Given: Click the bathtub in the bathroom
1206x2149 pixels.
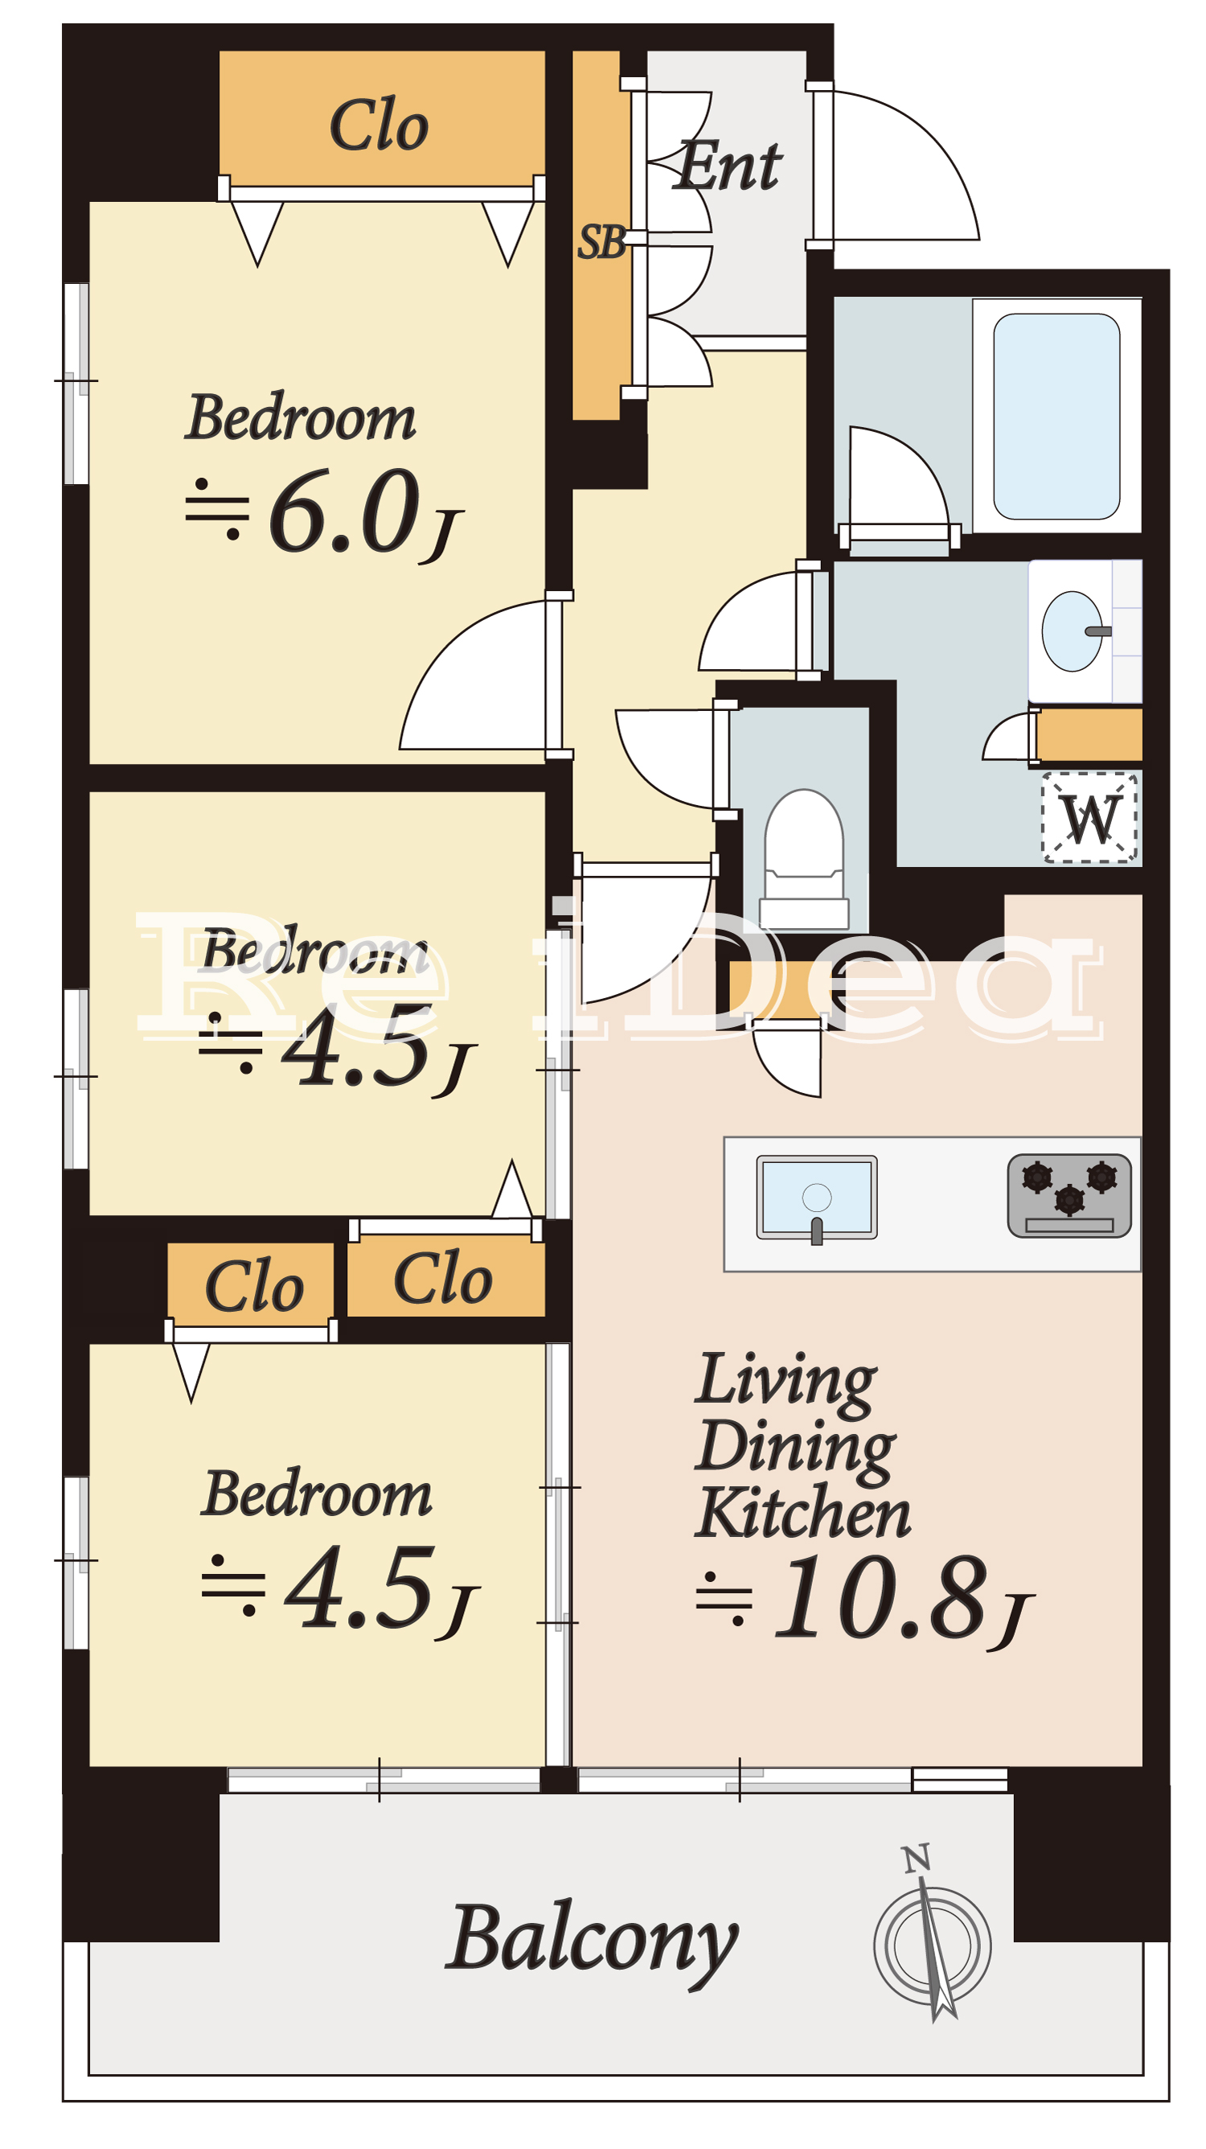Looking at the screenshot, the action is [1056, 416].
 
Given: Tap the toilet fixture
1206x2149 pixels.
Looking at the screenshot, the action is [804, 858].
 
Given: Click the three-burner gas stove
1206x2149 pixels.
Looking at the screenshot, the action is [1069, 1195].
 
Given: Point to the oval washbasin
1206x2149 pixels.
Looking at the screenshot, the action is [1073, 631].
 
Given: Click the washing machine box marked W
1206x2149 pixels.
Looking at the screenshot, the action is [1089, 819].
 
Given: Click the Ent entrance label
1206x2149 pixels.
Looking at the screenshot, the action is [729, 165].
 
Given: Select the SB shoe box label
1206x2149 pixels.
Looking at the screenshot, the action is [601, 243].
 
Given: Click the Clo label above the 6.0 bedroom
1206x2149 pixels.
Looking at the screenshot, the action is [379, 125].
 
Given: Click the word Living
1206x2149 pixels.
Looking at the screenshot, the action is [786, 1382].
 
